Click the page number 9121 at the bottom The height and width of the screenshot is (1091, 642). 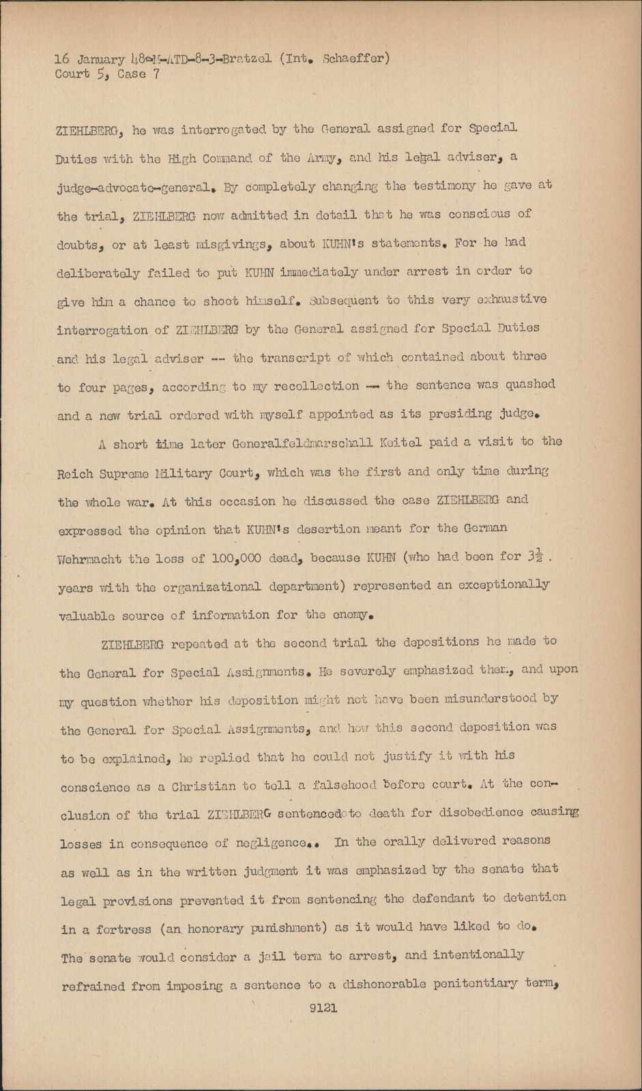[x=323, y=1008]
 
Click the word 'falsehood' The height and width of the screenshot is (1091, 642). [x=320, y=785]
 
